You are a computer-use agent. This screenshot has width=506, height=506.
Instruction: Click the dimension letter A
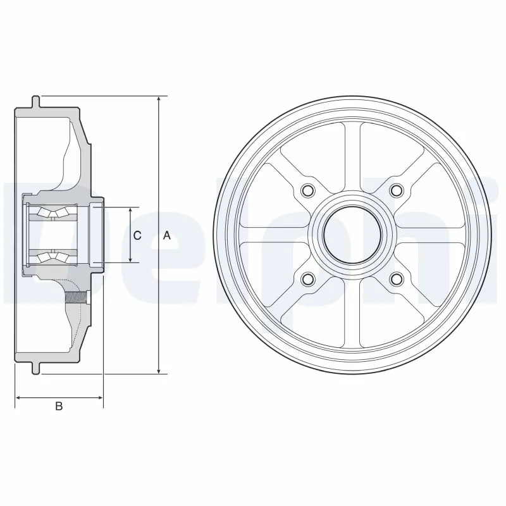(167, 236)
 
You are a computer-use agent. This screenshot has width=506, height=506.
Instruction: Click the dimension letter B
(59, 407)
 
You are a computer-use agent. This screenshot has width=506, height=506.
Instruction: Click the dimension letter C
(137, 236)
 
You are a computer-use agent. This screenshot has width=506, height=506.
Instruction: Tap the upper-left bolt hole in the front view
(309, 190)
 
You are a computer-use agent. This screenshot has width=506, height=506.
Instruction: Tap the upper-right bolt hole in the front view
(397, 190)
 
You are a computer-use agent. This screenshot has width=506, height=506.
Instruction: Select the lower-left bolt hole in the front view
(309, 278)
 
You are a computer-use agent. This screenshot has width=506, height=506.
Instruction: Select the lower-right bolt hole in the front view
(397, 278)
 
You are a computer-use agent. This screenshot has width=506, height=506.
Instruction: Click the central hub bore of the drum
(352, 234)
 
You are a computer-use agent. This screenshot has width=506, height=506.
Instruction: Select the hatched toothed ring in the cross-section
(78, 295)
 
